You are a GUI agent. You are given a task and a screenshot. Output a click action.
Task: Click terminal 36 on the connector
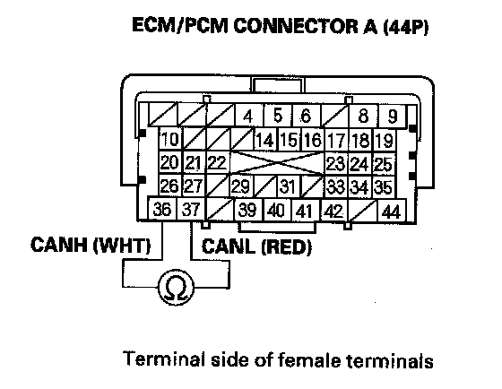click(162, 210)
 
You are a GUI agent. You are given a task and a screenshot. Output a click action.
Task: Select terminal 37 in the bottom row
click(191, 210)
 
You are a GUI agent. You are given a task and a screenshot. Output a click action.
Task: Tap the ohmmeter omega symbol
click(177, 287)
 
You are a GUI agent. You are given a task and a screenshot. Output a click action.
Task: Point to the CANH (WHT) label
click(91, 245)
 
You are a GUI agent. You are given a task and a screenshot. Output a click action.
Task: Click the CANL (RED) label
click(256, 246)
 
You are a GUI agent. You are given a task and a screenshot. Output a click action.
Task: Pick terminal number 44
click(392, 211)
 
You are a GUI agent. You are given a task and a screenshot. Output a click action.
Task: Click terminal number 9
click(393, 116)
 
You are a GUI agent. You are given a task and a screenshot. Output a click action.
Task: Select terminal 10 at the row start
click(170, 139)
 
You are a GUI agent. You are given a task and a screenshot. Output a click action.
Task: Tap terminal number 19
click(385, 140)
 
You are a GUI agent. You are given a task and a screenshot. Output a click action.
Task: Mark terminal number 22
click(218, 162)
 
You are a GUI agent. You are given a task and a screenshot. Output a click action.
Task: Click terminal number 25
click(384, 164)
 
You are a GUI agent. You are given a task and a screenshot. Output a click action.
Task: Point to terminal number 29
click(242, 186)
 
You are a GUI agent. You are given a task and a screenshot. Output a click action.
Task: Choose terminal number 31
click(288, 186)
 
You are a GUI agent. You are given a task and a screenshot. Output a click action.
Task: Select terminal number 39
click(248, 210)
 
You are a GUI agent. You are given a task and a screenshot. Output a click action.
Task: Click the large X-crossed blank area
click(278, 164)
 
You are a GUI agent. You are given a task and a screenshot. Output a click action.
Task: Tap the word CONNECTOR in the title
click(296, 26)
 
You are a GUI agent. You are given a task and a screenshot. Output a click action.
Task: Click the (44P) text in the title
click(405, 27)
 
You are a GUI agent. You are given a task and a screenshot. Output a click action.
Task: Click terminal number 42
click(334, 211)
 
